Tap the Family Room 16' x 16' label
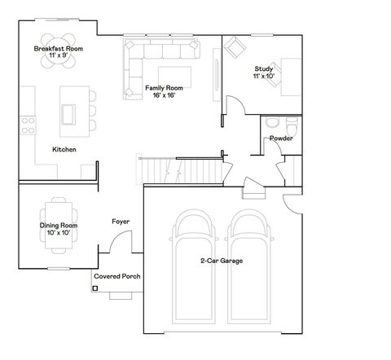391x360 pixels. [163, 91]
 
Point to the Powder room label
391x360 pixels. [281, 138]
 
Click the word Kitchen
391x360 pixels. [64, 150]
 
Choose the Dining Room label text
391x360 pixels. [59, 229]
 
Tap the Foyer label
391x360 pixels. [121, 222]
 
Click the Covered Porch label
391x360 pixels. [117, 277]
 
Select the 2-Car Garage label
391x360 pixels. [222, 261]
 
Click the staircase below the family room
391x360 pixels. [181, 169]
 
